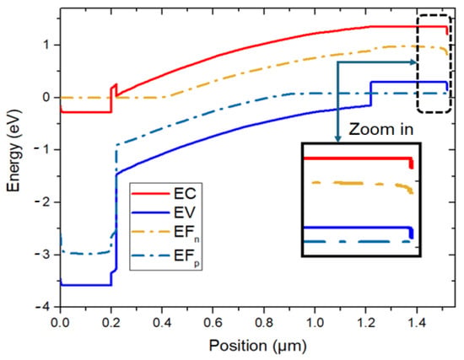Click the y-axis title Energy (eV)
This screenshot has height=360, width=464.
[x=13, y=151]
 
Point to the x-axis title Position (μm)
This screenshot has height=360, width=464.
[x=258, y=346]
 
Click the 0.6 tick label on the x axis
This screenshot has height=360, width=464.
[x=213, y=322]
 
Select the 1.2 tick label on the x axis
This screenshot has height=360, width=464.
[x=366, y=322]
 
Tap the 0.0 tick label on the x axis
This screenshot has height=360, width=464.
[x=61, y=322]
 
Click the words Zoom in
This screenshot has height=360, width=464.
[x=381, y=129]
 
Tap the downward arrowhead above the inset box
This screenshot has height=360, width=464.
[x=338, y=138]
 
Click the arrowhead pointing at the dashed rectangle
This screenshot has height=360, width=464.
[x=413, y=62]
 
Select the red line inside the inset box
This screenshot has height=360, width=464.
[x=358, y=159]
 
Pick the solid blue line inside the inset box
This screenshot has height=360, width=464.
[x=358, y=228]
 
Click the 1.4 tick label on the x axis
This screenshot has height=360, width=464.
[x=417, y=322]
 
